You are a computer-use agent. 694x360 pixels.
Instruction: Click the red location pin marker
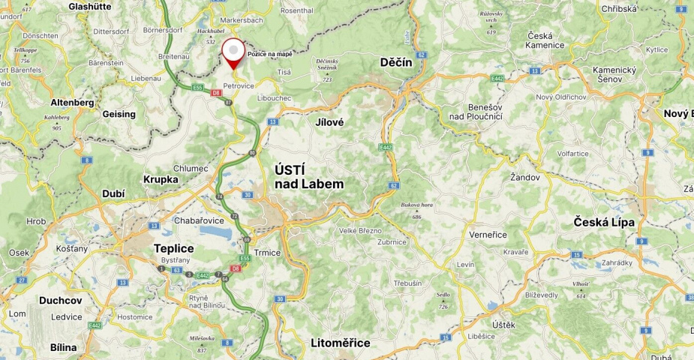(x=235, y=52)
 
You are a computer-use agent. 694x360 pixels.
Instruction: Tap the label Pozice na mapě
(x=269, y=55)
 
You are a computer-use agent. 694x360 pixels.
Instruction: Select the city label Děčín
(x=396, y=62)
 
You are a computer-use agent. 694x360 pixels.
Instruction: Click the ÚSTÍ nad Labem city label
(x=309, y=177)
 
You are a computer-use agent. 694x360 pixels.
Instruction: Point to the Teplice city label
(x=173, y=248)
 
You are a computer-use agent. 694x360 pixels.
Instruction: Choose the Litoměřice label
(x=340, y=343)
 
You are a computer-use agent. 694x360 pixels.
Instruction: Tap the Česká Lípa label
(x=604, y=222)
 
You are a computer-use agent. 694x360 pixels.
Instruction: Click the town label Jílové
(x=329, y=121)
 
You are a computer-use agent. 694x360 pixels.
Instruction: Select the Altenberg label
(x=72, y=102)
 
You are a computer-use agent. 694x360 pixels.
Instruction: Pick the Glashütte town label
(x=89, y=6)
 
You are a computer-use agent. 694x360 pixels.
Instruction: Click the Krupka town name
(x=161, y=179)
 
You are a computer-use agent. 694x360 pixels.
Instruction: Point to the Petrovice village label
(x=239, y=85)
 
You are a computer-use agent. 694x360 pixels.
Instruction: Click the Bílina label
(x=63, y=347)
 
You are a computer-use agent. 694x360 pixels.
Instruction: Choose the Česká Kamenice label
(x=545, y=40)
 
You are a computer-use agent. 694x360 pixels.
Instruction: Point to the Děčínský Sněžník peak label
(x=327, y=64)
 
